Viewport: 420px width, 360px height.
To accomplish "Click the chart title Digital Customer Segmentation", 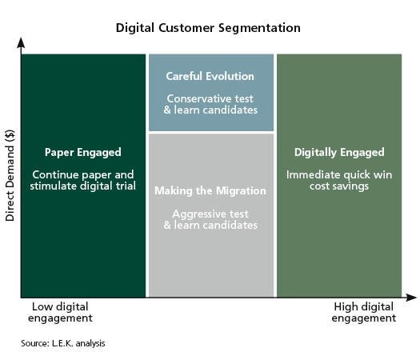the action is point(208,28).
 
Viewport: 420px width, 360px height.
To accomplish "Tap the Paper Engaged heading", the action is point(82,153).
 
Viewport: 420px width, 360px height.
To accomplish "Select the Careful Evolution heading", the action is point(210,76).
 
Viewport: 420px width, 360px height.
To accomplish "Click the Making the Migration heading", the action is point(210,191).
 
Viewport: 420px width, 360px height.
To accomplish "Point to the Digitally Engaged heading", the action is point(339,153).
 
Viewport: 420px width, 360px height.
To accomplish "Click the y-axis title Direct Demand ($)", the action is point(10,175).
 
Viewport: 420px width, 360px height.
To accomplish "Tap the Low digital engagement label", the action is point(60,313).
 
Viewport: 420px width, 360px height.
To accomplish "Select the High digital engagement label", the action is point(364,313).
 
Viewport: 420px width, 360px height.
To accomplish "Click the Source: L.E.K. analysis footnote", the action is point(63,343).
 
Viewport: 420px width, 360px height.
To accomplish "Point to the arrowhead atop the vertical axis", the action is point(21,43).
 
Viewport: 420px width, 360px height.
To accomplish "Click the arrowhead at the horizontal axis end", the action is point(411,298).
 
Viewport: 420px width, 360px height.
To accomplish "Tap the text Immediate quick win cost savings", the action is point(339,180).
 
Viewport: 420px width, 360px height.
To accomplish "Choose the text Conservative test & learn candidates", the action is point(210,104).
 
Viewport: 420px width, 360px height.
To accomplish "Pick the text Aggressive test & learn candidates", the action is point(210,219).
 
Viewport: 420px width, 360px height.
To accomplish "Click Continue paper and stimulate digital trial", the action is point(82,180).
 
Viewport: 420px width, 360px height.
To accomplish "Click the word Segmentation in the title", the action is point(259,28).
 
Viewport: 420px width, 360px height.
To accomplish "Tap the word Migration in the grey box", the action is point(241,191).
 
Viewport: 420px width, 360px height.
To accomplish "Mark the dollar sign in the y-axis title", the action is point(10,134).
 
